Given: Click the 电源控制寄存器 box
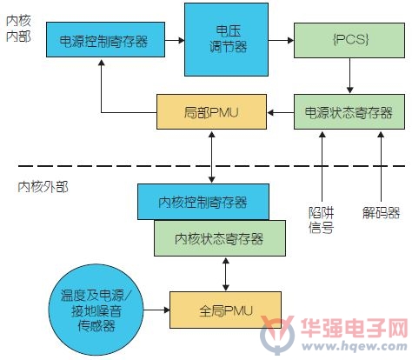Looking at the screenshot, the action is click(x=106, y=40).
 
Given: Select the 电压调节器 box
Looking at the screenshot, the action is click(x=226, y=40).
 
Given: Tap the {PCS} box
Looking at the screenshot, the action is click(x=349, y=41).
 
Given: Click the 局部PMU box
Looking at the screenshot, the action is click(x=211, y=112).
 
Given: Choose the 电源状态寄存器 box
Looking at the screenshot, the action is click(x=349, y=112).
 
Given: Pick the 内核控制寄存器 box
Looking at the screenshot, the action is click(x=203, y=202).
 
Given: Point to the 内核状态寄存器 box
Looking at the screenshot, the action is click(x=220, y=238).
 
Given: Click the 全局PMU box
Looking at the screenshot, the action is click(x=225, y=310).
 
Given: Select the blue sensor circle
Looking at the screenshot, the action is click(x=96, y=310).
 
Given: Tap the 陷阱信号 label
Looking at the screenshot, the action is click(x=322, y=220).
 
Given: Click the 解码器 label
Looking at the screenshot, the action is click(x=382, y=213).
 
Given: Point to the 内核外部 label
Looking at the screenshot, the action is click(x=43, y=187).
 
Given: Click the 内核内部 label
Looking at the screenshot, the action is click(x=18, y=29).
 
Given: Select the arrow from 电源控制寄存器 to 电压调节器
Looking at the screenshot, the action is click(x=175, y=40).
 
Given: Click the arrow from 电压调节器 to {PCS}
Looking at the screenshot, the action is click(x=281, y=40).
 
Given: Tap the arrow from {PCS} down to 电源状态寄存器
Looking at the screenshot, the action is click(x=349, y=76).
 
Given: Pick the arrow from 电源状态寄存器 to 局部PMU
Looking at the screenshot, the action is click(x=281, y=112).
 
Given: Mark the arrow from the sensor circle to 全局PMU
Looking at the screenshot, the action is click(x=156, y=310).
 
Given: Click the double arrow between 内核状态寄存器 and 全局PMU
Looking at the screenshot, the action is click(x=226, y=274).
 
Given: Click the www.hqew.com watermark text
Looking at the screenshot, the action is click(x=355, y=346).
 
